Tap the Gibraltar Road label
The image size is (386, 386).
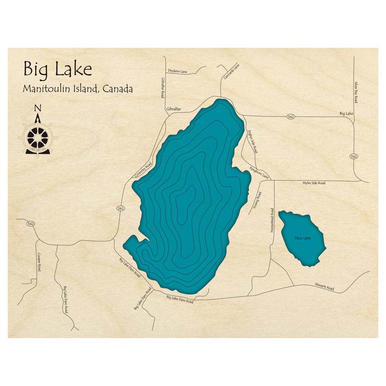(x=163, y=87)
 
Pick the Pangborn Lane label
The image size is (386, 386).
(x=259, y=173)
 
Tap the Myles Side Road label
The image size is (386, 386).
(x=313, y=183)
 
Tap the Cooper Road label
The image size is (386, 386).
(x=39, y=262)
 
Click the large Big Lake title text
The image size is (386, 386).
(x=58, y=69)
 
